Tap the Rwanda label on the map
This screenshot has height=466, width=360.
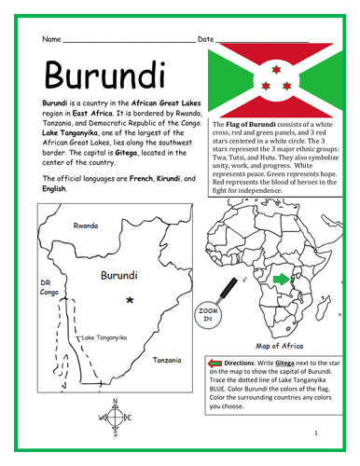[x=87, y=225]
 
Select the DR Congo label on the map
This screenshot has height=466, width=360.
[x=48, y=288]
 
